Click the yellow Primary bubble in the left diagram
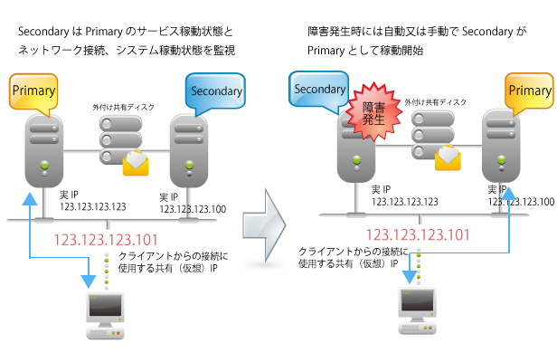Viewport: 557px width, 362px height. (x=33, y=90)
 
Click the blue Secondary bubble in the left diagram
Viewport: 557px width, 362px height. (x=214, y=90)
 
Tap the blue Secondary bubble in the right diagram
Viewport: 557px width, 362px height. (x=318, y=89)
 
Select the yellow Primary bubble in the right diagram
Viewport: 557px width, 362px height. (x=529, y=90)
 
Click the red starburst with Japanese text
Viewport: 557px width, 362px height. (x=374, y=111)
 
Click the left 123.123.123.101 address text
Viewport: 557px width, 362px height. (x=106, y=241)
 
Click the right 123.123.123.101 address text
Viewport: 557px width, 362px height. (x=417, y=234)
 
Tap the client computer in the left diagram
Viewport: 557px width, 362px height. (x=106, y=314)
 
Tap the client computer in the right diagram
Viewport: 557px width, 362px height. (x=417, y=308)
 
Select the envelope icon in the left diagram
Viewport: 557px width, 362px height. (x=136, y=162)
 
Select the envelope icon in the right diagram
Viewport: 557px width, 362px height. (x=448, y=157)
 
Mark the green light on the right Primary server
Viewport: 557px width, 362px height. (x=501, y=159)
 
